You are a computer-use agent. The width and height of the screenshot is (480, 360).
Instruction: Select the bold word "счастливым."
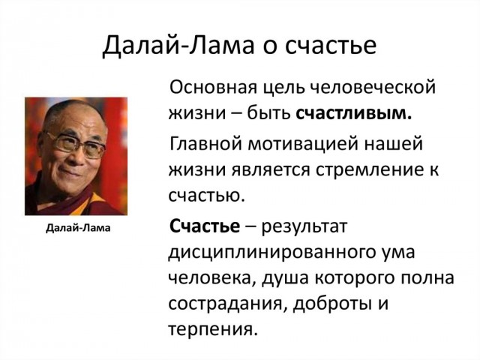click(355, 114)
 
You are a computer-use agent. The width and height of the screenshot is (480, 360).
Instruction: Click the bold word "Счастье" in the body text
click(205, 226)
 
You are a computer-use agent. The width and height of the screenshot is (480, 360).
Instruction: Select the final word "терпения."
click(213, 329)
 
